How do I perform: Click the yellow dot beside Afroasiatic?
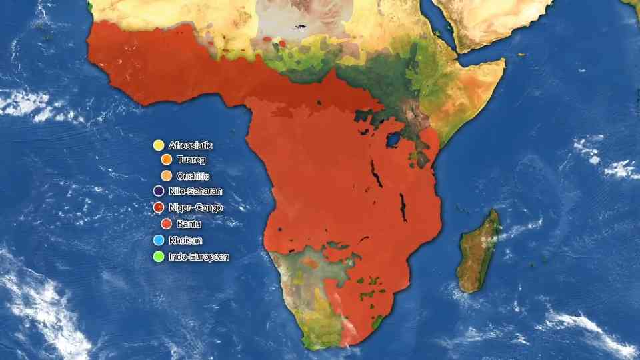(159, 145)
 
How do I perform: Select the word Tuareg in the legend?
(191, 160)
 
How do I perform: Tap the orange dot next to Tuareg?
(167, 160)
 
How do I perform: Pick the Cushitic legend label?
(193, 176)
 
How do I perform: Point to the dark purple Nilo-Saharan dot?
(159, 191)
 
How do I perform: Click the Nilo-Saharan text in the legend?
(195, 191)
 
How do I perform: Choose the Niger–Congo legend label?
(195, 207)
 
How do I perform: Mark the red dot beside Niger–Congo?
(159, 207)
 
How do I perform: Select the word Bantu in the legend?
(189, 224)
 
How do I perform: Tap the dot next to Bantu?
(167, 224)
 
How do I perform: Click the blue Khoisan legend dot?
(159, 240)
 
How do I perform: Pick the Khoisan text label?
(185, 240)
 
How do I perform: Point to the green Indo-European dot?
(159, 256)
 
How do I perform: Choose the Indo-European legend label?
(199, 256)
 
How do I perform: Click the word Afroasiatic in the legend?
(191, 145)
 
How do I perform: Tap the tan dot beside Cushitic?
(167, 176)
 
